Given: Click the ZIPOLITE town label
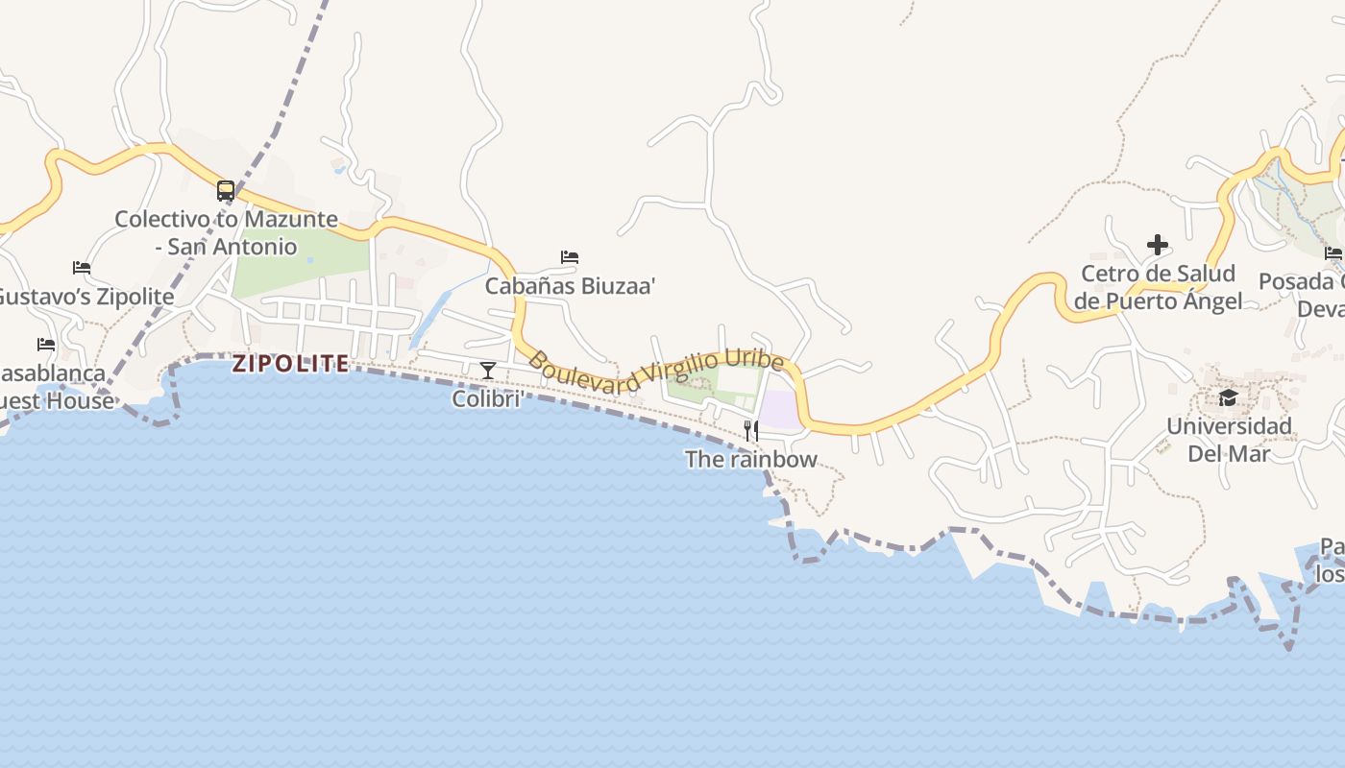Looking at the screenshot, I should tap(290, 364).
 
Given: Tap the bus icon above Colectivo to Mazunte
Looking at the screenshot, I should tap(226, 191).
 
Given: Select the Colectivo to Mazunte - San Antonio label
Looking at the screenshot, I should tap(227, 232).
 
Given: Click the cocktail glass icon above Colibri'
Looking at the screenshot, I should tap(488, 371).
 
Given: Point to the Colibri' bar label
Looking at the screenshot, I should tap(488, 398).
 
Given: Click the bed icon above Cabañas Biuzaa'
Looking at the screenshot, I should tap(570, 257).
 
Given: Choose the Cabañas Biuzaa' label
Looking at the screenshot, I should tap(570, 286).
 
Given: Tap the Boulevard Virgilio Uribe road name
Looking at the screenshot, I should tap(656, 372).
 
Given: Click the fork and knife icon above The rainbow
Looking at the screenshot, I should tap(750, 430).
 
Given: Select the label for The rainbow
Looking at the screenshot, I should tap(750, 459).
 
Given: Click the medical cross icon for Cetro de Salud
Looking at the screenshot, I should tap(1158, 245).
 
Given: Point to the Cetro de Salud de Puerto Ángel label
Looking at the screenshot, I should tap(1158, 287).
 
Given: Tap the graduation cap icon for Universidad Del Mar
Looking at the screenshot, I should tap(1228, 397).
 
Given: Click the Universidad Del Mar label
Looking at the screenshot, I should tap(1229, 440).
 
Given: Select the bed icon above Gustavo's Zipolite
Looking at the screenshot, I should tap(82, 268).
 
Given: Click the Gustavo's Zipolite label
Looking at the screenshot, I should tap(85, 296).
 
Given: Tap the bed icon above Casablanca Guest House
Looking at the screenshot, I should tap(46, 345).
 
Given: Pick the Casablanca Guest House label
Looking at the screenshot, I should tap(53, 387).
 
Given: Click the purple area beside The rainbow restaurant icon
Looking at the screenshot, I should tap(781, 410).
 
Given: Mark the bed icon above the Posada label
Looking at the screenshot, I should tap(1333, 253).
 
